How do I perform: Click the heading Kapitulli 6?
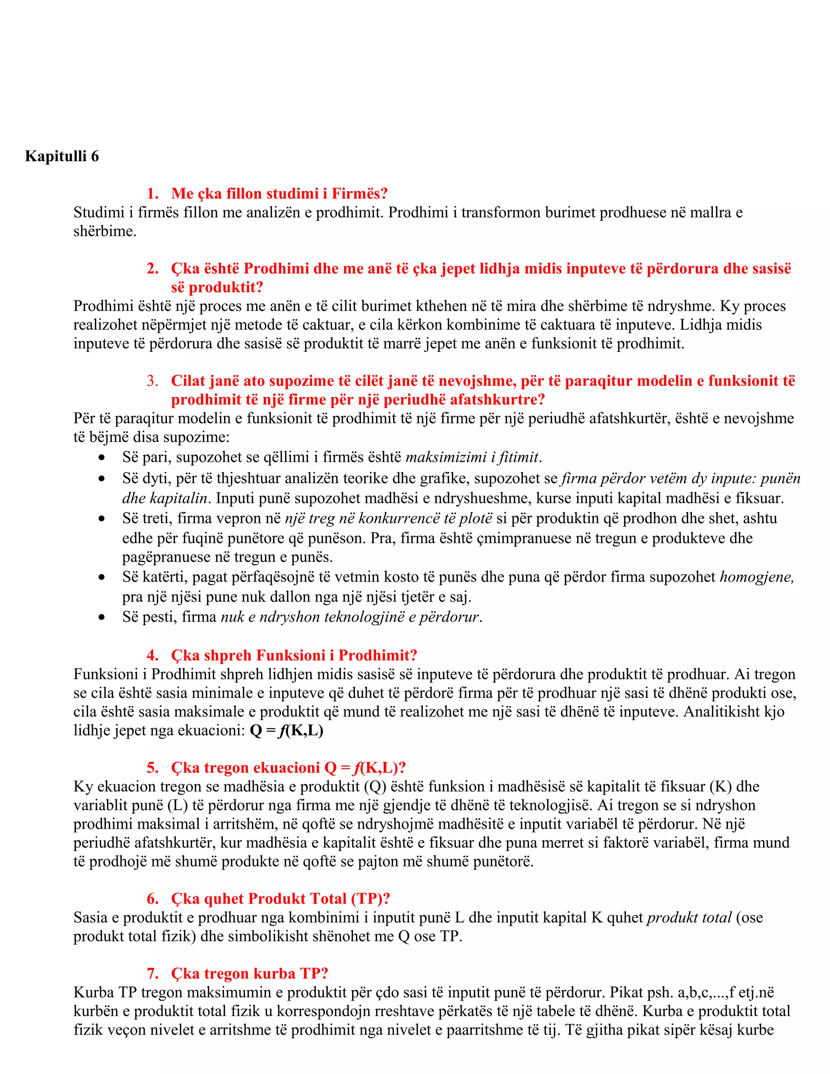point(62,156)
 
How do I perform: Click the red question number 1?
point(152,194)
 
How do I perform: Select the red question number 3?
point(152,381)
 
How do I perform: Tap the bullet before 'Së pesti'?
point(102,617)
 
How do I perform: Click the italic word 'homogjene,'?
point(757,577)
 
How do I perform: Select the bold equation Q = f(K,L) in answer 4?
point(286,730)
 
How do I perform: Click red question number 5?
point(152,768)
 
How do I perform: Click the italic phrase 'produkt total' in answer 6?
point(689,918)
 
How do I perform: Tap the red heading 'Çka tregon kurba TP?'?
point(249,973)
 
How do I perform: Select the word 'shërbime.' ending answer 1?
point(105,231)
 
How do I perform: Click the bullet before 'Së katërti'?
point(102,577)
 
